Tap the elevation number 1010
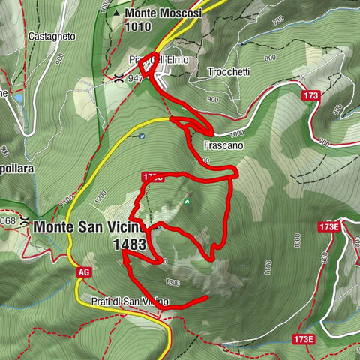(139, 26)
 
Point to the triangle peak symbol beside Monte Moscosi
(117, 13)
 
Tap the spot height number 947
(136, 76)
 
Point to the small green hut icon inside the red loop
(186, 201)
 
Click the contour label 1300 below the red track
(173, 282)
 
